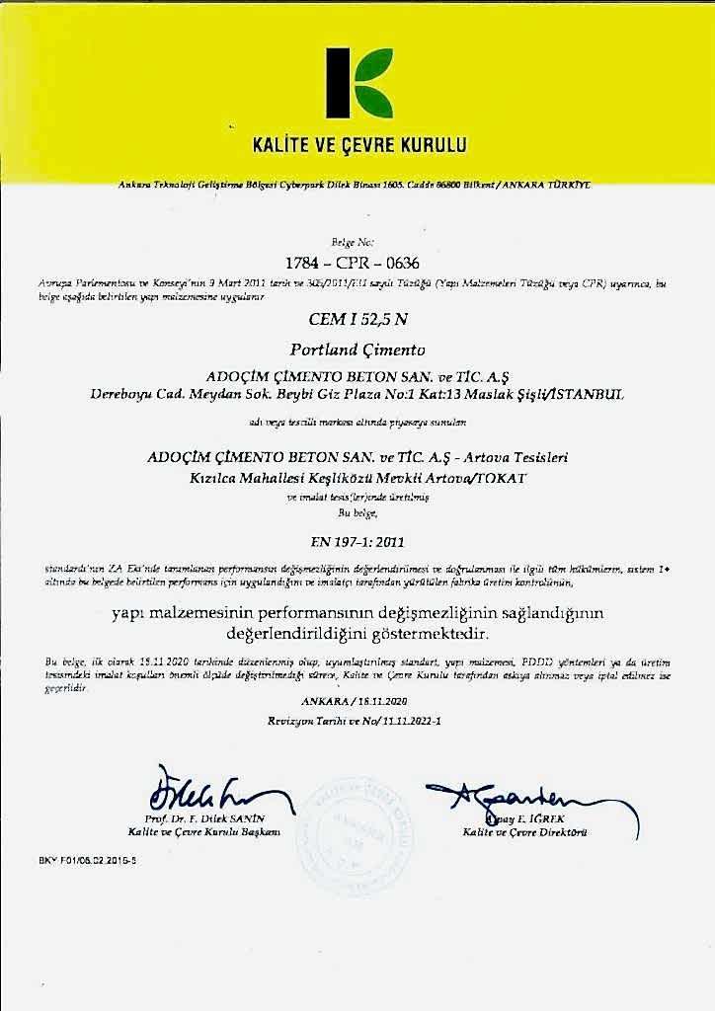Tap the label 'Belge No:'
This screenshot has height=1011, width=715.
[x=357, y=241]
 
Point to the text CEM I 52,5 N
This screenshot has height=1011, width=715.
[x=357, y=320]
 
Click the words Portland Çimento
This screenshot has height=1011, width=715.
[x=357, y=349]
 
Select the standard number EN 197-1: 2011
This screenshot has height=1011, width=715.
[x=357, y=541]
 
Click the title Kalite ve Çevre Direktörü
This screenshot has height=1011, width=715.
[x=525, y=832]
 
